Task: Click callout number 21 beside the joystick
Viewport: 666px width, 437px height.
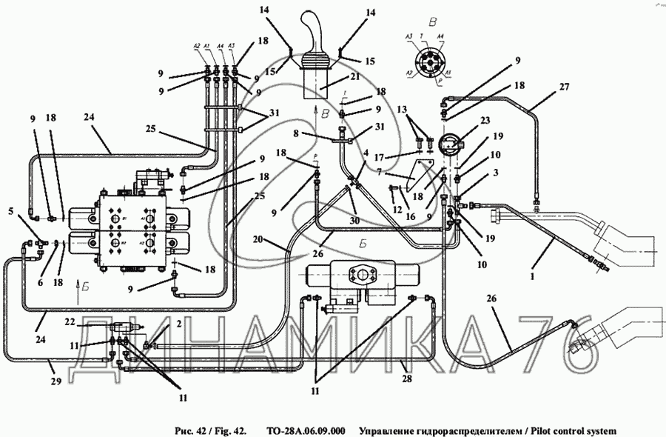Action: coord(355,76)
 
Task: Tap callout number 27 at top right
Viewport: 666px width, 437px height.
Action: coord(565,87)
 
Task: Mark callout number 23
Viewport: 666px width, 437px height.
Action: coord(465,121)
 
